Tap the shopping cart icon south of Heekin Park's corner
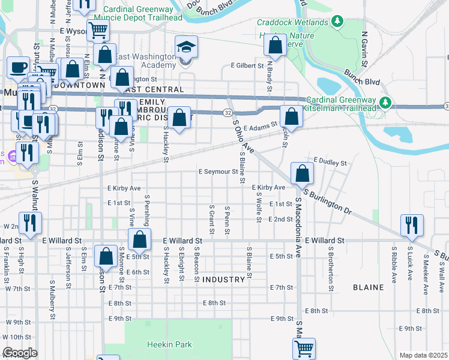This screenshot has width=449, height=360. pyautogui.click(x=304, y=349)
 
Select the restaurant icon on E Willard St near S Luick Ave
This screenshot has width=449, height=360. pyautogui.click(x=412, y=225)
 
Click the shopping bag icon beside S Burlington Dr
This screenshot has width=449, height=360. pyautogui.click(x=302, y=174)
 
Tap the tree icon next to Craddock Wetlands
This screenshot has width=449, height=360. pyautogui.click(x=337, y=22)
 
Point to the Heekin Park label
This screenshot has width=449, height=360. pyautogui.click(x=170, y=345)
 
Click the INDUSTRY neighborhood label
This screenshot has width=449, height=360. pyautogui.click(x=223, y=280)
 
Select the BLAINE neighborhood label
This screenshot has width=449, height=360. pyautogui.click(x=369, y=287)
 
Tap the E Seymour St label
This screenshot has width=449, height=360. pyautogui.click(x=218, y=172)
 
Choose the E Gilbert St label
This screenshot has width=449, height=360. pyautogui.click(x=247, y=65)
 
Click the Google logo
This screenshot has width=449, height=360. pyautogui.click(x=20, y=353)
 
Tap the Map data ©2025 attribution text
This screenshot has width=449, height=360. pyautogui.click(x=424, y=355)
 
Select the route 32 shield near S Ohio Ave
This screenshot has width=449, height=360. pyautogui.click(x=228, y=112)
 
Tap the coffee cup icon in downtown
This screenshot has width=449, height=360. pyautogui.click(x=18, y=67)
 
